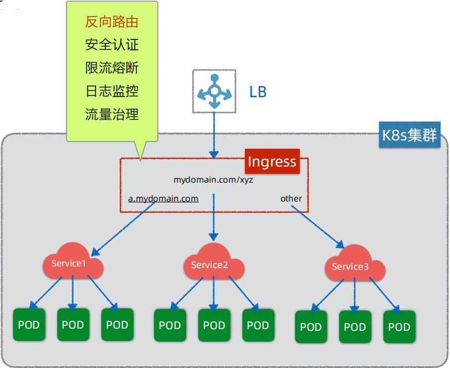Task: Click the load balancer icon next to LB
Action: tap(214, 91)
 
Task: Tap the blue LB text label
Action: tap(258, 92)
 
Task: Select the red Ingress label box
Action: tap(272, 162)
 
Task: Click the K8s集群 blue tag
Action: tap(410, 135)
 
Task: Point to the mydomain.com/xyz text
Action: tap(213, 180)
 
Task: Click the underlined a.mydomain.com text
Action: tap(163, 198)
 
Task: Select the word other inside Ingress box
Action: tap(291, 198)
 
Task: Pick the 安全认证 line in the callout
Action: tap(111, 45)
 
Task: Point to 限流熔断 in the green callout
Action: tap(111, 68)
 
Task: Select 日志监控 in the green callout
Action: tap(111, 91)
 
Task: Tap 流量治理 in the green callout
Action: tap(111, 114)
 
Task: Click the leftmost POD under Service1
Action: tap(29, 325)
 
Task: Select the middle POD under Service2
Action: tap(214, 325)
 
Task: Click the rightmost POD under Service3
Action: tap(399, 327)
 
